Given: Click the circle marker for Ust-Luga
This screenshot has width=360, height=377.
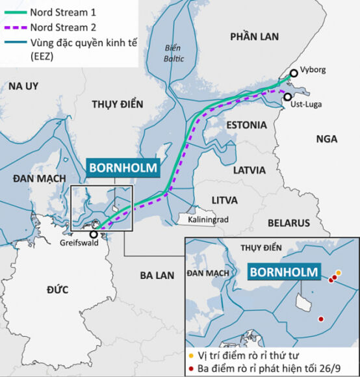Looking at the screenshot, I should (x=288, y=96).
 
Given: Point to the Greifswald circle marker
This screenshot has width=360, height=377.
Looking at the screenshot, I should (x=94, y=234).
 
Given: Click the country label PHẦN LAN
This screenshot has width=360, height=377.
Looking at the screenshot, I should (x=253, y=38).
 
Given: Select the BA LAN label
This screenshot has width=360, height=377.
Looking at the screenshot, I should (x=157, y=275).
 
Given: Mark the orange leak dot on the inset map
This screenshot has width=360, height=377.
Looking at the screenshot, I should (x=339, y=273).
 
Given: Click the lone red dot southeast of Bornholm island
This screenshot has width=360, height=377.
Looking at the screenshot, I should (x=321, y=318).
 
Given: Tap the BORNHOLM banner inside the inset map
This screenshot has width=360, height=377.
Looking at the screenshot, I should (x=284, y=273).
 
